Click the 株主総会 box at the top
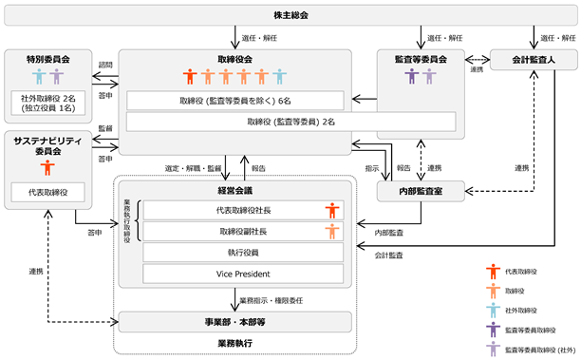click(290, 15)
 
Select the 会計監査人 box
click(534, 60)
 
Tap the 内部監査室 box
click(421, 191)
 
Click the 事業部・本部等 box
click(234, 322)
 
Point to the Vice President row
click(243, 274)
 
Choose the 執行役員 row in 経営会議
click(243, 253)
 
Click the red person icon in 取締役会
click(190, 76)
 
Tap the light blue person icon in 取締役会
click(279, 76)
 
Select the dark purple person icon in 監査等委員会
click(412, 76)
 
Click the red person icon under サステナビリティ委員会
click(47, 167)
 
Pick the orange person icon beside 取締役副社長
click(332, 232)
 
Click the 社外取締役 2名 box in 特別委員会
click(48, 104)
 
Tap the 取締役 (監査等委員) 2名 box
click(290, 122)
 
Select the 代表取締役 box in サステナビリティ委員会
click(47, 192)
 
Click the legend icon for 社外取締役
click(493, 311)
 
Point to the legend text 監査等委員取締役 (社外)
click(540, 350)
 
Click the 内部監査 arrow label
click(388, 233)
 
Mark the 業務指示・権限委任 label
click(272, 301)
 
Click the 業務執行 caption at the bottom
click(234, 343)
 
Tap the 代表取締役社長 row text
click(243, 211)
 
